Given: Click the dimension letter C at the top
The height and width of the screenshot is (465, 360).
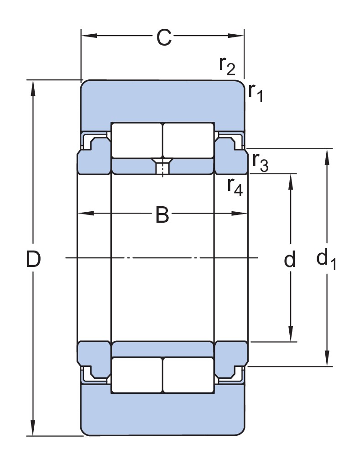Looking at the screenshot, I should pyautogui.click(x=163, y=38).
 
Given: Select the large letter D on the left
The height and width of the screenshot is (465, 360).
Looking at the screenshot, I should pyautogui.click(x=33, y=259).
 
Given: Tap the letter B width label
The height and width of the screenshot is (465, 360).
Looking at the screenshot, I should pyautogui.click(x=162, y=214).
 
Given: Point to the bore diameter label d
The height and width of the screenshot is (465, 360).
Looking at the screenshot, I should pyautogui.click(x=289, y=260).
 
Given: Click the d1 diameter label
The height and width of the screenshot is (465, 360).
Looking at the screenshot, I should pyautogui.click(x=326, y=260).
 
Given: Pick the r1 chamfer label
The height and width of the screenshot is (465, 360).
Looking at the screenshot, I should pyautogui.click(x=256, y=92).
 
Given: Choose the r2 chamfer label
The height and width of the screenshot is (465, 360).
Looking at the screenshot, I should pyautogui.click(x=227, y=66).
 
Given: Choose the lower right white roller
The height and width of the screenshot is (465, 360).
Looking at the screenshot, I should pyautogui.click(x=188, y=375).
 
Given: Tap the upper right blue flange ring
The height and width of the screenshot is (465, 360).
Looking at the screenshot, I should pyautogui.click(x=230, y=157).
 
